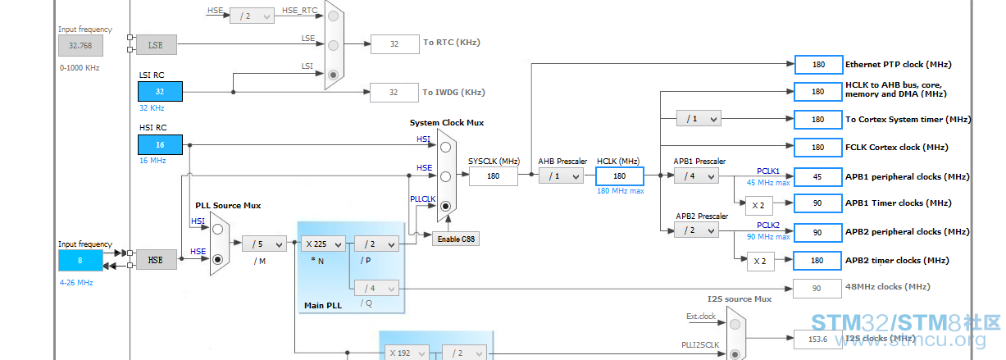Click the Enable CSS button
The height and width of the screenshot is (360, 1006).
(x=456, y=239)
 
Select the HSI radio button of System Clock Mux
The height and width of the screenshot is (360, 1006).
(x=445, y=147)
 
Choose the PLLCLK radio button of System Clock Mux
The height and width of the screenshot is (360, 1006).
(x=445, y=206)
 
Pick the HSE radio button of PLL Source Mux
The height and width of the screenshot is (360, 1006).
(x=218, y=259)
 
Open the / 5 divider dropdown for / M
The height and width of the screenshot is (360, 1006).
(x=264, y=244)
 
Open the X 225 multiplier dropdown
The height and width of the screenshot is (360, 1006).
(x=323, y=244)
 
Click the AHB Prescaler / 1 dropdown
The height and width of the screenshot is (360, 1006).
(x=561, y=176)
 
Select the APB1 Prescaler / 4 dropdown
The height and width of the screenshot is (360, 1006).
(x=696, y=176)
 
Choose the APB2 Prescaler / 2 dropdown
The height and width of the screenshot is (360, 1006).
(x=696, y=230)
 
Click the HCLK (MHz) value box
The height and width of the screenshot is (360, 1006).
(x=620, y=176)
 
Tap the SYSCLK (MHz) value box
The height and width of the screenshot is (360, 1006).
(x=493, y=176)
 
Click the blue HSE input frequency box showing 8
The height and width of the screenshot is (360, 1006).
(x=80, y=261)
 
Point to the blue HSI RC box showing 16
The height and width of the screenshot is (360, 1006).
(x=160, y=144)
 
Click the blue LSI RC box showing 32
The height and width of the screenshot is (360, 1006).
(x=160, y=92)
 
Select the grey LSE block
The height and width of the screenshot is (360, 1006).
(x=156, y=45)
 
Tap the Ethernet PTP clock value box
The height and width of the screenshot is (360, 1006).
(x=818, y=65)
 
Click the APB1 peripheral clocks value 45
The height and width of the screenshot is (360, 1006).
(x=817, y=177)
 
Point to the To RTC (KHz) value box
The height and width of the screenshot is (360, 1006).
(x=394, y=44)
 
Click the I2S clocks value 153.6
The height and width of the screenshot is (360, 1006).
(x=817, y=339)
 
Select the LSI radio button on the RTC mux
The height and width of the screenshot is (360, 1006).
(x=333, y=75)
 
